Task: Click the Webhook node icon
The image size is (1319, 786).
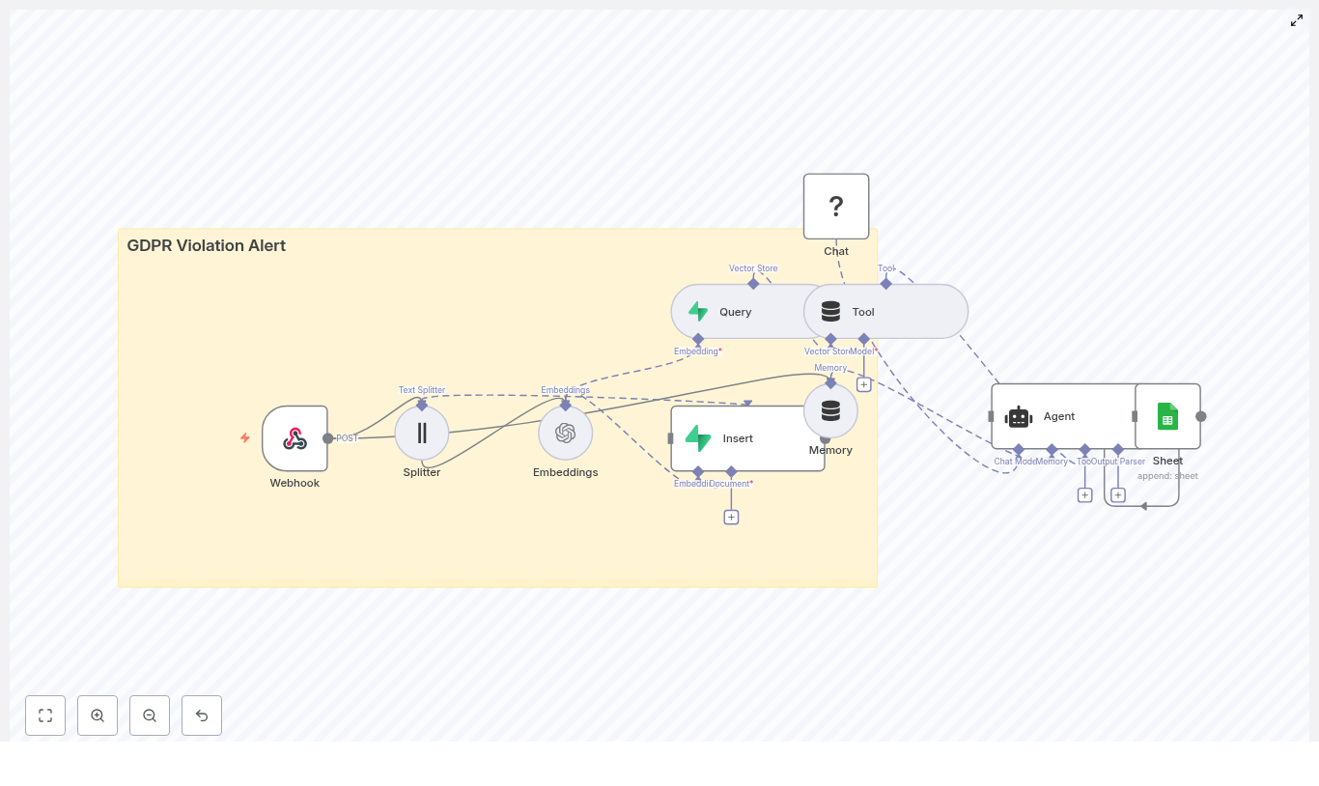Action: [x=295, y=438]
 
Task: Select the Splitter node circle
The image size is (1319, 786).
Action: [x=422, y=433]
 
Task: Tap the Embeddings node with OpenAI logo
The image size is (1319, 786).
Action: [x=566, y=433]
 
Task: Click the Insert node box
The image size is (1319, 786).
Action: [x=747, y=438]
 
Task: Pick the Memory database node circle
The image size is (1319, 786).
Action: [x=830, y=410]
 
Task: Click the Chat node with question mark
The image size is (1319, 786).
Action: [x=836, y=207]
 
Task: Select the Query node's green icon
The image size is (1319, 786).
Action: [x=698, y=312]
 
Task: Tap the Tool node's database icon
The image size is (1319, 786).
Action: [x=830, y=312]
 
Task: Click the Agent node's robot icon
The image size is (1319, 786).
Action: [x=1019, y=416]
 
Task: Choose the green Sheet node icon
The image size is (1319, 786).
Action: [x=1167, y=416]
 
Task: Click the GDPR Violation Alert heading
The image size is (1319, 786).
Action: [x=207, y=245]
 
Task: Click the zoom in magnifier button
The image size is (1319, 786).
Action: [x=98, y=716]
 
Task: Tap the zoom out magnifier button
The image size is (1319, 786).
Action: [x=150, y=716]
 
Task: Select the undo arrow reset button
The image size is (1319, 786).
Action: [x=202, y=716]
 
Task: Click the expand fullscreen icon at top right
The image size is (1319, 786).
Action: [x=1297, y=20]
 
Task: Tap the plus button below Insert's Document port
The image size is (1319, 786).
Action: [x=731, y=518]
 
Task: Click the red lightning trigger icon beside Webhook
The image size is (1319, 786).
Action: [x=245, y=437]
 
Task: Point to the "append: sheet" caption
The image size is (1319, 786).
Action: [x=1167, y=476]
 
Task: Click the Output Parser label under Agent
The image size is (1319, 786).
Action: [x=1120, y=462]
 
